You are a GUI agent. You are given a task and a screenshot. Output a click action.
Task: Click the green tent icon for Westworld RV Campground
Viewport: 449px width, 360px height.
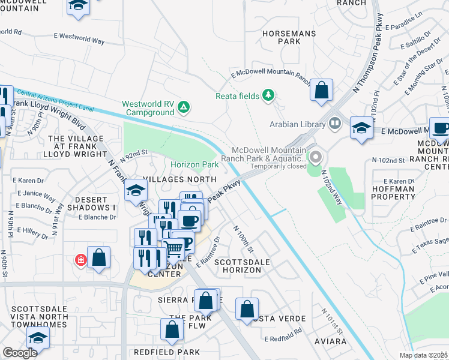pos(184,108)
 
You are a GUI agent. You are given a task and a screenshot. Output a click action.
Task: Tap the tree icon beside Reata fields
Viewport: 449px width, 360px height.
pos(268,95)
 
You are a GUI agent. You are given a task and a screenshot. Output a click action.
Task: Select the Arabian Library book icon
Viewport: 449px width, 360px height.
pos(335,124)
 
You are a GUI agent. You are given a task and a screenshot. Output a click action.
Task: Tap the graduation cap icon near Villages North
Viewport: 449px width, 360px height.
pos(136,191)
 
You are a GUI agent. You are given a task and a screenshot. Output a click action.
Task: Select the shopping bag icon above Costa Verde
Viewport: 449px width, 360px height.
pos(247,309)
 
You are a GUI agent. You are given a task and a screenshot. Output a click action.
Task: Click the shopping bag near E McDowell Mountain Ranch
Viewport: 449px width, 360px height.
pos(322,90)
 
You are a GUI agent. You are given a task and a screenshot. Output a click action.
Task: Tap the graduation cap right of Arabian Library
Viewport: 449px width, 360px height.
pos(361,128)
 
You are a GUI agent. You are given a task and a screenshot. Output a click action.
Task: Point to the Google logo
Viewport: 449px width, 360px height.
pos(20,353)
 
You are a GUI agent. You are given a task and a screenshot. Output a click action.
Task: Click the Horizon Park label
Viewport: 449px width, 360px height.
pos(194,164)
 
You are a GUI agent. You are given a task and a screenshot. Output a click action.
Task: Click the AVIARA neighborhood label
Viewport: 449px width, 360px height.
pos(330,341)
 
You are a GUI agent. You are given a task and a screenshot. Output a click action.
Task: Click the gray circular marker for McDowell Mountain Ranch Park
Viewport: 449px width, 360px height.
pos(315,158)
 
